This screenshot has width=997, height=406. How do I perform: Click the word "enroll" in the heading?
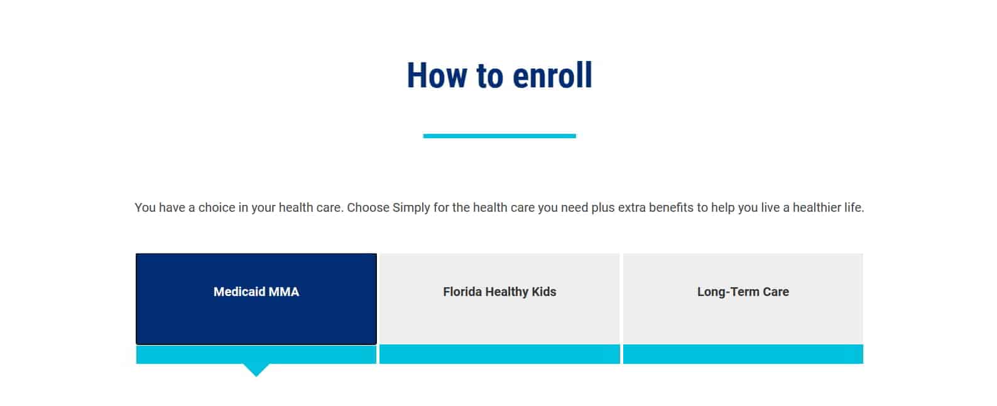[x=552, y=75]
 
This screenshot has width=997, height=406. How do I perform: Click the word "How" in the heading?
[x=437, y=75]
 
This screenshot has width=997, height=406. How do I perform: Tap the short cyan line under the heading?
[x=499, y=136]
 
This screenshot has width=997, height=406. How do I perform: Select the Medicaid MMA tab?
[x=256, y=299]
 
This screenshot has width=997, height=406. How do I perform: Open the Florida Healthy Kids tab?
[x=499, y=299]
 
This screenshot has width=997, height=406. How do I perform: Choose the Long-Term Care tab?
[x=743, y=299]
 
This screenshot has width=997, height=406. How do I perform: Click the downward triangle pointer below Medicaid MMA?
[x=256, y=370]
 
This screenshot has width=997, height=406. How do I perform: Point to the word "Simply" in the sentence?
[x=411, y=207]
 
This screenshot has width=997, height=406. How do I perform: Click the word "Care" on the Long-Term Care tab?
[x=776, y=292]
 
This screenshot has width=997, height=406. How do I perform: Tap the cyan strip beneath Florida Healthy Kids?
[x=499, y=354]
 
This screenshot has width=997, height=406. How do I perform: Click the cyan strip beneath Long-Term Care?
[x=743, y=354]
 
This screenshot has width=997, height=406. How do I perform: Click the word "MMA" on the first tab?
[x=284, y=292]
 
